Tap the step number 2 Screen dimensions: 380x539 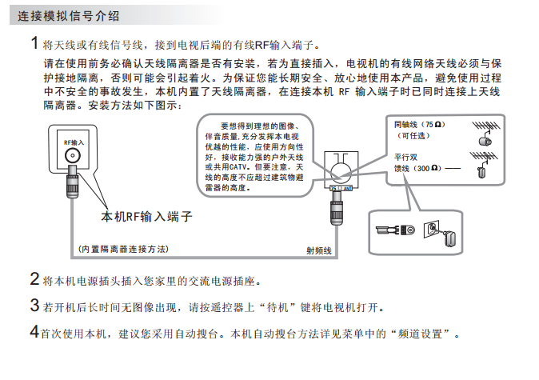34,279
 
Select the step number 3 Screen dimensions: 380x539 34,305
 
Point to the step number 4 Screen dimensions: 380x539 34,330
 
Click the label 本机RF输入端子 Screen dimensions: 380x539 146,217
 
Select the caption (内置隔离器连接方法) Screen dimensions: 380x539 125,249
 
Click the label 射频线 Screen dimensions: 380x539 317,250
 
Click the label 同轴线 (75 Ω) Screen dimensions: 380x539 417,126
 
